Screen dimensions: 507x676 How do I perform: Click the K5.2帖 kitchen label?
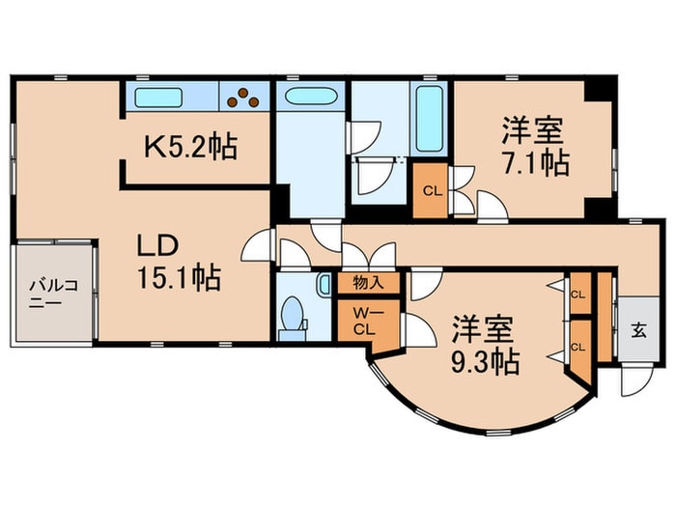coord(191,149)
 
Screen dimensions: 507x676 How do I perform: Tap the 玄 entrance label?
coord(638,329)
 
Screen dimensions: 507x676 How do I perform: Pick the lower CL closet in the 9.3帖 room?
coord(577,347)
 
